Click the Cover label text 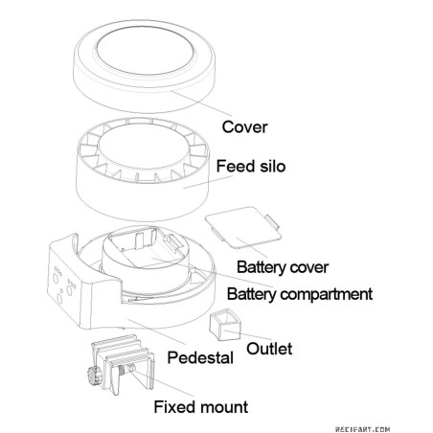point(244,127)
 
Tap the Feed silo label point(251,166)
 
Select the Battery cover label point(283,267)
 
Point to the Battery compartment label point(300,294)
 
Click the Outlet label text point(269,349)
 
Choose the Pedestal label point(200,357)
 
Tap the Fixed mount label point(201,407)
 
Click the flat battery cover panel point(243,227)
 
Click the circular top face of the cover point(145,52)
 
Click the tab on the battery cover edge point(272,222)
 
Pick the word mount point(224,407)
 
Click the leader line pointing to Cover point(200,103)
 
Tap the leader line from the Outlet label point(247,334)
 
